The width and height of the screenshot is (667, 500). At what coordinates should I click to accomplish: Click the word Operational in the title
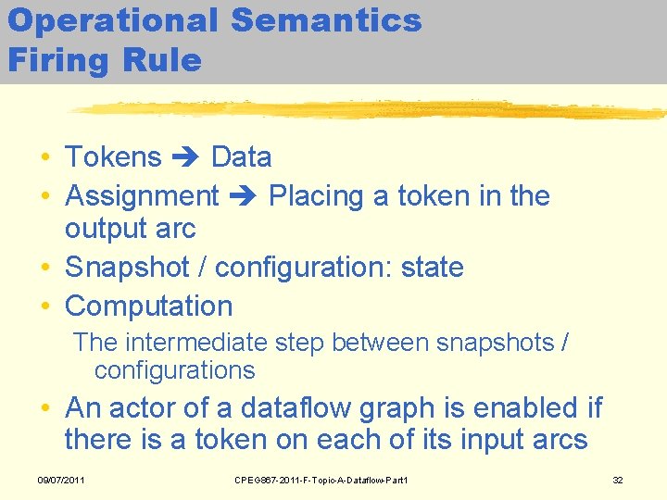point(113,21)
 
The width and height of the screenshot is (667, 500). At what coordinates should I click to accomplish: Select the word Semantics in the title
point(326,21)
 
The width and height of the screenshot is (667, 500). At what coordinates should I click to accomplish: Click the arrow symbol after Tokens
point(186,157)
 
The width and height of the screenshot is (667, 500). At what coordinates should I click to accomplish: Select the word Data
point(241,157)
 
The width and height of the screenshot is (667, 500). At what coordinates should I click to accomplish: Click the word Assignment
point(142,196)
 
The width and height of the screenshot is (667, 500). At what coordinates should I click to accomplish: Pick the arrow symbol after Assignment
point(244,196)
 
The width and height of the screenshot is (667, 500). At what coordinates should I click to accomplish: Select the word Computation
point(149,306)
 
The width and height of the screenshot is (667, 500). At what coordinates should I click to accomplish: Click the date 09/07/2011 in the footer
point(60,481)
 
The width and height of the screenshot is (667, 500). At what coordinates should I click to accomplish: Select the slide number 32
point(619,481)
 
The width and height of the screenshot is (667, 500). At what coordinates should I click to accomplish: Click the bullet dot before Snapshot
point(45,268)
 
